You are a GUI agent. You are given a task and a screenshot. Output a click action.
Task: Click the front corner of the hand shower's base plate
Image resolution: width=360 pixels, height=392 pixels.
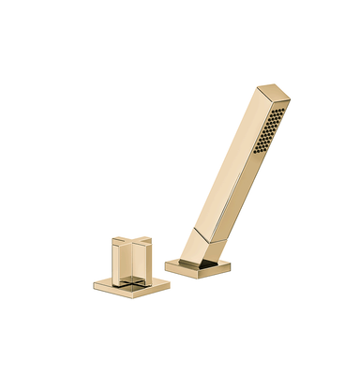tap(193, 276)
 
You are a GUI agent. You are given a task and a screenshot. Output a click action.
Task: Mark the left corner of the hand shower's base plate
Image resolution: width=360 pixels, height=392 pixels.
tap(166, 264)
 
